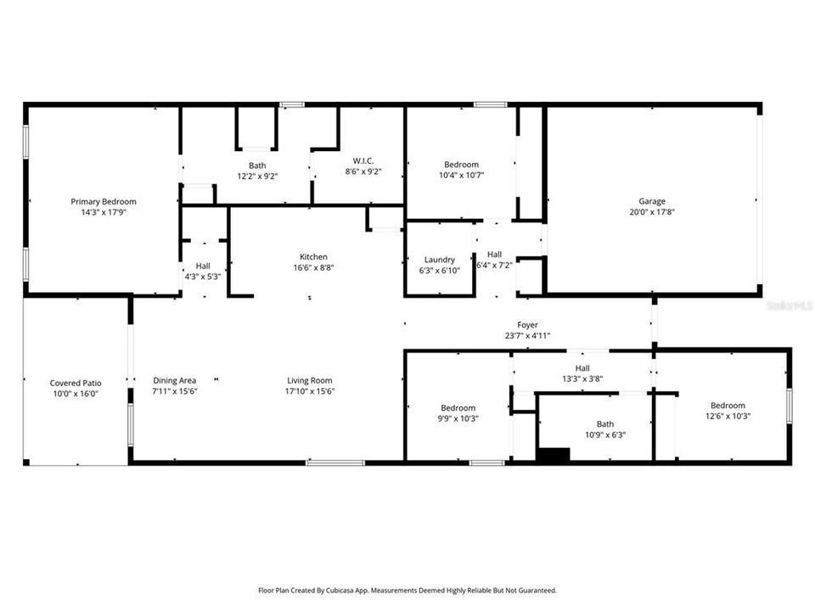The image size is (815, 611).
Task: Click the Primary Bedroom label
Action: pos(104,202)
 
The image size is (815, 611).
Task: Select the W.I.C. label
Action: pos(363,160)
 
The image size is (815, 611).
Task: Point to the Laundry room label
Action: pos(439,260)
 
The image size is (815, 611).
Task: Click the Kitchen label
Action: pos(312,257)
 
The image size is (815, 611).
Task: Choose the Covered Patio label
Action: pos(76,384)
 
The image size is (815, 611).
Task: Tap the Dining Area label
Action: pos(175,380)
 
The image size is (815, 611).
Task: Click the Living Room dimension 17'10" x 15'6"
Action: pos(309,391)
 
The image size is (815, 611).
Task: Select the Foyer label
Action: pos(527,325)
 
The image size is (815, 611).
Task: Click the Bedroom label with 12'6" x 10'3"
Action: pos(728,406)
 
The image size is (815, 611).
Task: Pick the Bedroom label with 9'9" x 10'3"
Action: pos(458,408)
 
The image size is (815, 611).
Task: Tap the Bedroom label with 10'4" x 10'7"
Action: pos(461,165)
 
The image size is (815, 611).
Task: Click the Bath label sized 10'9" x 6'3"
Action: pos(604,424)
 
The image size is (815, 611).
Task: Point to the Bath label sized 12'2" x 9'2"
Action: pos(257,165)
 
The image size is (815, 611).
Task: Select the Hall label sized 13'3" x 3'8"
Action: pos(582,368)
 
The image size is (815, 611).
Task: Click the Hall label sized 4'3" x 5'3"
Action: pos(203,266)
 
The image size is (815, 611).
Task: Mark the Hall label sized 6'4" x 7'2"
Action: pos(494,254)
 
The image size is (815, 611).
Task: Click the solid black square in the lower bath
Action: pos(554,454)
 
